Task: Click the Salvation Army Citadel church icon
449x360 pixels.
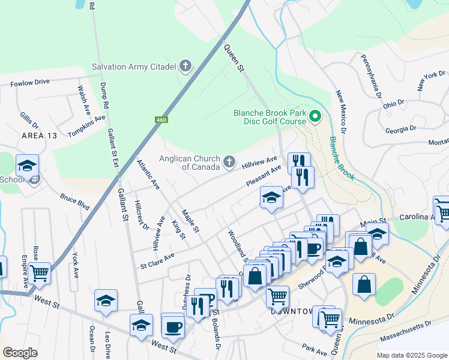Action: (x=185, y=66)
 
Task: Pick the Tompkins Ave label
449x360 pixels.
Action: (x=86, y=127)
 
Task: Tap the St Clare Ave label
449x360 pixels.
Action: (x=157, y=260)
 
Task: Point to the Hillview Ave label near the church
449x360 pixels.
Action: (x=259, y=163)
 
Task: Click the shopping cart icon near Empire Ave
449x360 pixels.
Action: (x=40, y=273)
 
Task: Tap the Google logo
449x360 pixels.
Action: (x=20, y=353)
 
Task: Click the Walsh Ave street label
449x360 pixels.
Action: (x=83, y=100)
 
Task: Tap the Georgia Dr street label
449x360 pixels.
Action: (x=401, y=130)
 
